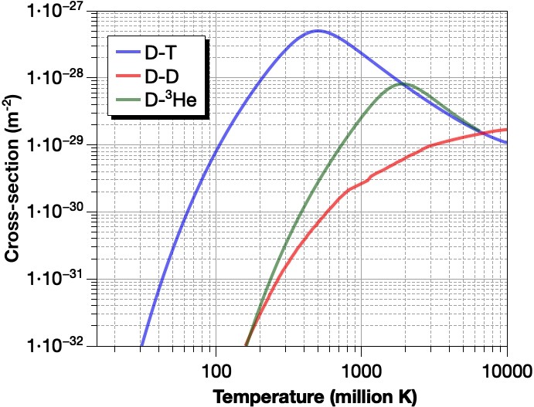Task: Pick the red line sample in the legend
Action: coord(127,78)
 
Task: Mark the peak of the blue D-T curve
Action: coord(317,31)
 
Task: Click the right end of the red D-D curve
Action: coord(506,129)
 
